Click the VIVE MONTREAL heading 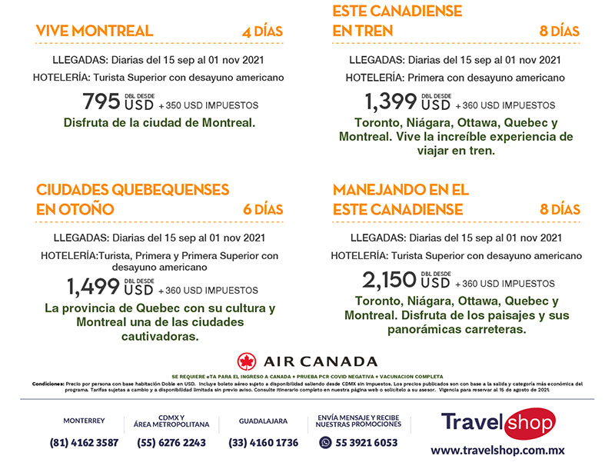point(95,32)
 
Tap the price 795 point(101,101)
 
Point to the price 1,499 point(94,287)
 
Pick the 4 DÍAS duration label point(262,32)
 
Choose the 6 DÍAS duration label point(263,210)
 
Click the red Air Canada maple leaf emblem point(247,361)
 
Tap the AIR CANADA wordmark point(321,361)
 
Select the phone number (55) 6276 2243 point(171,443)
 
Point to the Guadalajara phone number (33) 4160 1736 point(264,443)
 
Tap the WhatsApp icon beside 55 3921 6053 point(325,443)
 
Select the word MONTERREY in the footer point(85,421)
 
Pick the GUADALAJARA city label point(264,421)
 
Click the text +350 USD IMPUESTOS point(208,105)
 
